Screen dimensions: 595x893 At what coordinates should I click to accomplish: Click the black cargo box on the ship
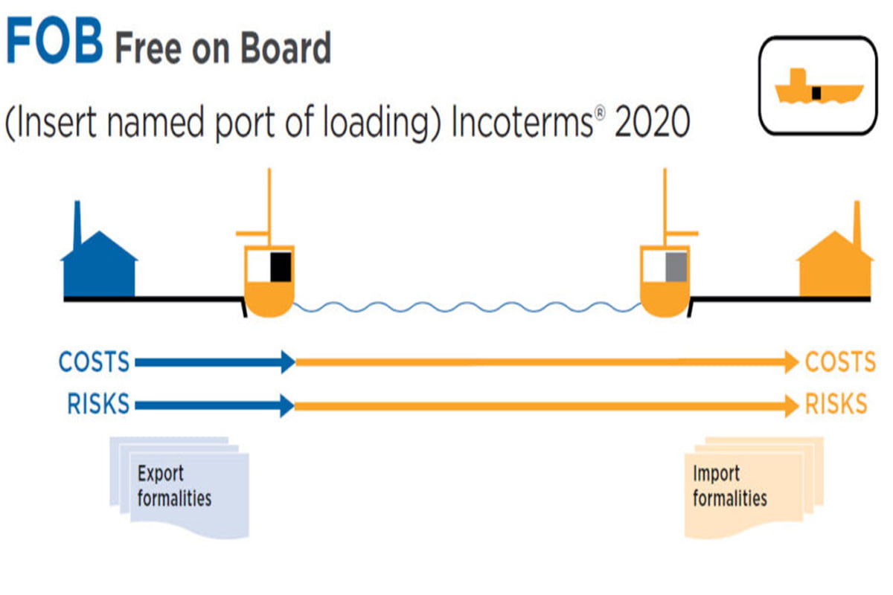click(280, 266)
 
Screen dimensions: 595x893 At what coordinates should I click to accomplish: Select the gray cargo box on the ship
click(675, 266)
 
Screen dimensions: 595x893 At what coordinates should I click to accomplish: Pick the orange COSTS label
click(840, 362)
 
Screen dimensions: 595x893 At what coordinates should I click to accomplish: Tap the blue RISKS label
click(98, 405)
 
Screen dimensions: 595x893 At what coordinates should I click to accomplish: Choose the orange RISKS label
click(836, 405)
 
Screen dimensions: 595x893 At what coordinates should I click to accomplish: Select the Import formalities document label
click(729, 486)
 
